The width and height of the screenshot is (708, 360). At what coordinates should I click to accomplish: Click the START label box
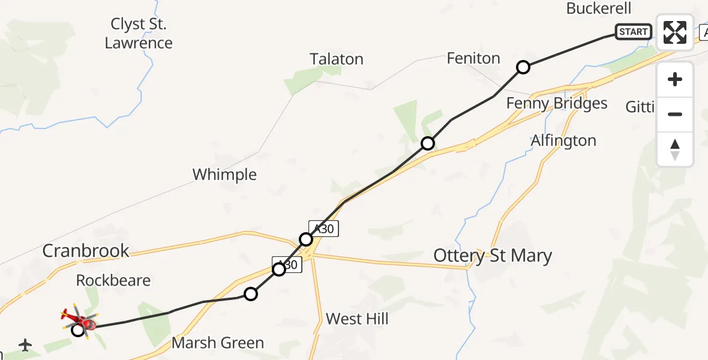click(x=633, y=32)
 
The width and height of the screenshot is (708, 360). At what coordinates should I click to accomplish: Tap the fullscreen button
click(x=675, y=32)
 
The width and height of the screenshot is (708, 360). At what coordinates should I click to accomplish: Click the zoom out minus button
click(x=675, y=114)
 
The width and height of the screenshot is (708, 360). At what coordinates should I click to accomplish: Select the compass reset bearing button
click(x=675, y=149)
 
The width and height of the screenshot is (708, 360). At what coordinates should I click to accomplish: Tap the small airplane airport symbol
click(x=25, y=345)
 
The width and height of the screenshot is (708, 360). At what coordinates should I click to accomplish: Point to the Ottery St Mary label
click(x=493, y=256)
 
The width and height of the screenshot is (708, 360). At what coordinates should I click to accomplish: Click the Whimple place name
click(x=224, y=175)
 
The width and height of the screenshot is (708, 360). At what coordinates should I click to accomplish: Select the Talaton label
click(x=337, y=59)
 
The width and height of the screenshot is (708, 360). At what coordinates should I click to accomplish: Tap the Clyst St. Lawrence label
click(x=139, y=34)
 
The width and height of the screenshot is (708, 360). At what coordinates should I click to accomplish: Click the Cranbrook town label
click(x=86, y=251)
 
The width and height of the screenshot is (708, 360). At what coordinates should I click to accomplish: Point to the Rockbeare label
click(x=113, y=280)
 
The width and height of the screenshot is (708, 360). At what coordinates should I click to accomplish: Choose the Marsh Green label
click(x=218, y=343)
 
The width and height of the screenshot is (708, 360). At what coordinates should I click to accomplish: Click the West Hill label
click(x=357, y=319)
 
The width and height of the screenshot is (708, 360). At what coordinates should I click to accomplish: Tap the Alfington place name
click(x=563, y=141)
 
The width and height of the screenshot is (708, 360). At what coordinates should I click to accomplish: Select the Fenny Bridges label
click(x=557, y=103)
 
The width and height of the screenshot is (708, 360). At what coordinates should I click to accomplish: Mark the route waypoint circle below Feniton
click(x=523, y=67)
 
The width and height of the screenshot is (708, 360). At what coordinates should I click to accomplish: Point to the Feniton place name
click(x=473, y=58)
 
